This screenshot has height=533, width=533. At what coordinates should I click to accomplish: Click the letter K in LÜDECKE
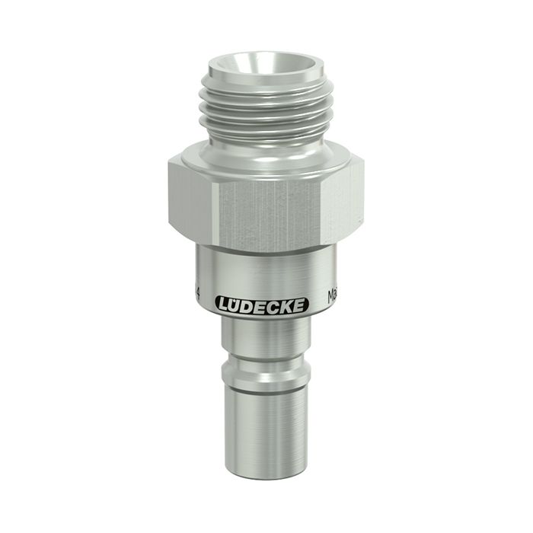(x=289, y=305)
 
